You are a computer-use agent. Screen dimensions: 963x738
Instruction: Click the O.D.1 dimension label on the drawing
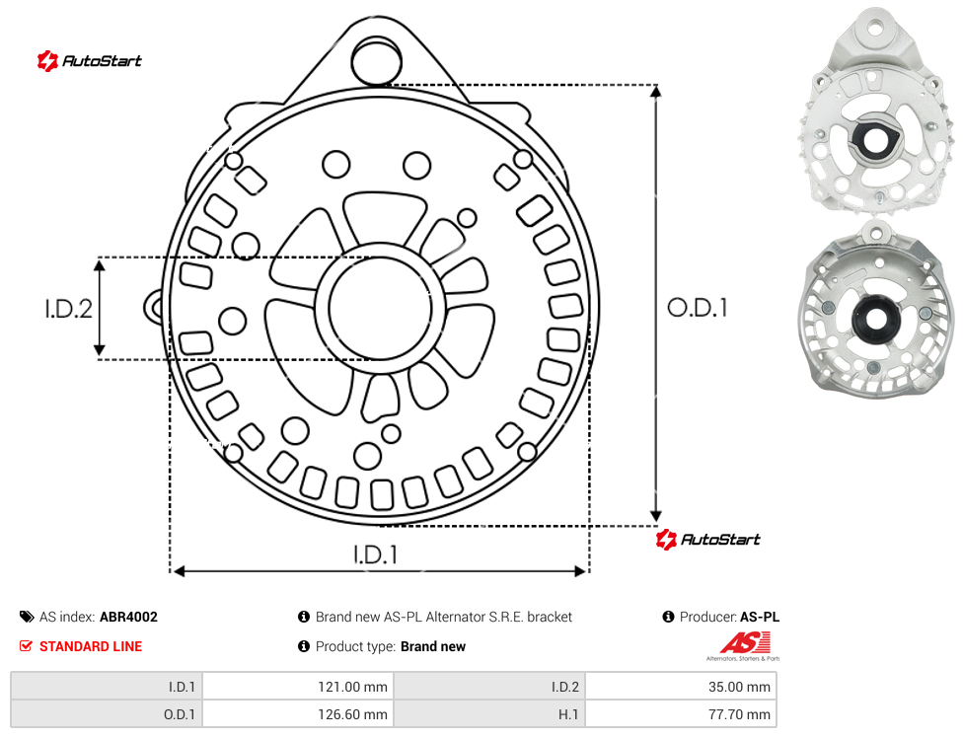click(x=697, y=308)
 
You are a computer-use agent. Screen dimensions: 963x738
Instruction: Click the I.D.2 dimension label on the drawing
click(x=68, y=308)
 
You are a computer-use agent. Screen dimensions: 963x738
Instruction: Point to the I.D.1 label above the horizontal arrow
click(x=375, y=554)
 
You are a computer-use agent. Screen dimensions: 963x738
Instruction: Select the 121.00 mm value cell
click(x=299, y=687)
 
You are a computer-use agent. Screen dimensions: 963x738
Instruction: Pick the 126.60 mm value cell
click(x=299, y=714)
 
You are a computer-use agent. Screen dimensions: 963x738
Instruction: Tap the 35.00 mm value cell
click(x=681, y=687)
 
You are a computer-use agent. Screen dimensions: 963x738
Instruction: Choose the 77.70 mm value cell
click(x=681, y=714)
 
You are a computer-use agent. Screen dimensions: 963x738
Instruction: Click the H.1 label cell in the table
click(x=489, y=714)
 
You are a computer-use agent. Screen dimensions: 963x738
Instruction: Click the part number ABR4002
click(x=128, y=617)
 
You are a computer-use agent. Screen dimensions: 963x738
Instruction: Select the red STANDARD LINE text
click(x=91, y=646)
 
